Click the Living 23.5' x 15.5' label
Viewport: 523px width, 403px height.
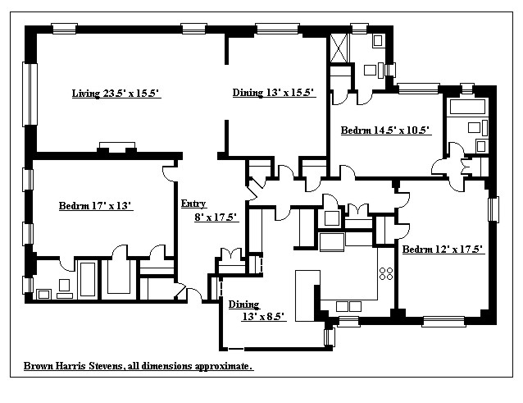coord(116,94)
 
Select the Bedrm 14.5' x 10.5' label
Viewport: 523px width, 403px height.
coord(385,131)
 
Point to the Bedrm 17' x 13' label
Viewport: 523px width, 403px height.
coord(96,206)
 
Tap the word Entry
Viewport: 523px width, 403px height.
coord(193,204)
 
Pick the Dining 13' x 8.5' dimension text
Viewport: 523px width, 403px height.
coord(261,316)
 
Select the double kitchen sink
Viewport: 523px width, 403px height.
coord(332,242)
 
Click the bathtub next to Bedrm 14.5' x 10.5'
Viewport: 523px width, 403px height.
coord(468,108)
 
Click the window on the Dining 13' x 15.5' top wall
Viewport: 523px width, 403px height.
coord(276,30)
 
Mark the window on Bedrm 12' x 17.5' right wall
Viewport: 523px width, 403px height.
coord(493,208)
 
